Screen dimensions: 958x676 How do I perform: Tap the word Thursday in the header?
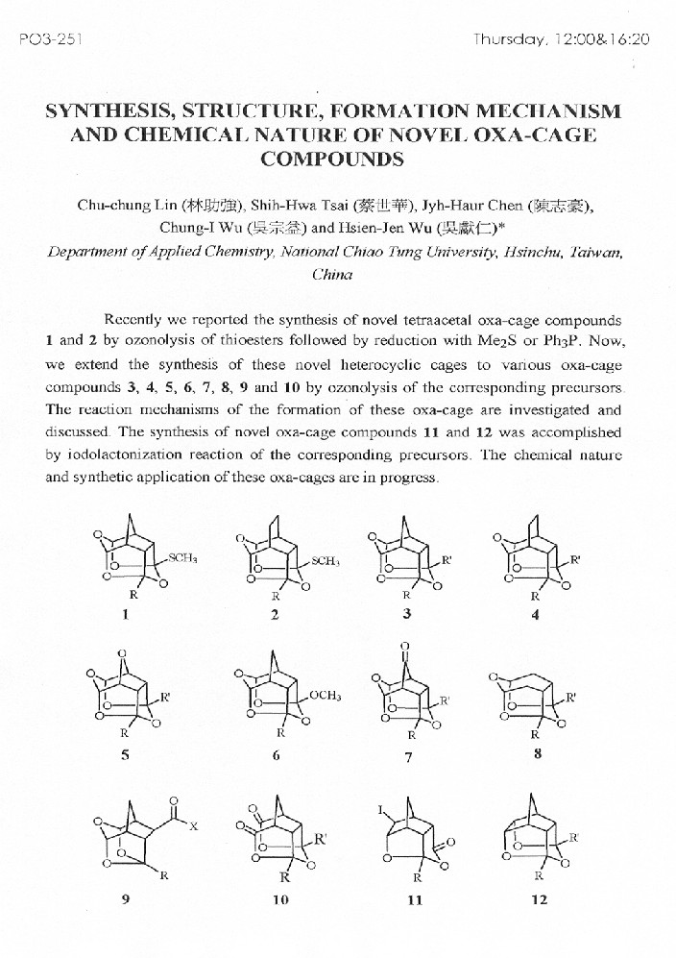point(510,40)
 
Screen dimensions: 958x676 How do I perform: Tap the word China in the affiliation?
point(332,274)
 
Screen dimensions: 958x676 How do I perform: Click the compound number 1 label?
point(125,614)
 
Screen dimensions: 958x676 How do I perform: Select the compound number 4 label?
point(535,614)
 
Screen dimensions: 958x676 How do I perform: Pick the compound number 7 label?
point(408,756)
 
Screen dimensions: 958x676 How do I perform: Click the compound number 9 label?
point(124,898)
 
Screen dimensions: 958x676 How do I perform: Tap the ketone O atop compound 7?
point(404,647)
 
